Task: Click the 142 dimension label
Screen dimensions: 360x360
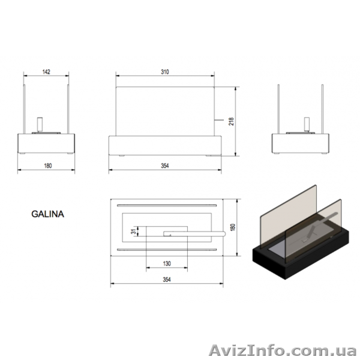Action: tap(46, 72)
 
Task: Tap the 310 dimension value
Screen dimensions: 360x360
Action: tap(165, 72)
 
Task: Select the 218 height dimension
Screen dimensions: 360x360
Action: tap(232, 121)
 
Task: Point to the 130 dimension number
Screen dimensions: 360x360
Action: tap(167, 263)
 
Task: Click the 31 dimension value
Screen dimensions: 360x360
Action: tap(134, 232)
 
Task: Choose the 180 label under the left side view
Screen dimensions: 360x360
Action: tap(48, 166)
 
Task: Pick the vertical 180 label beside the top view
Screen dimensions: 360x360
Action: tap(233, 227)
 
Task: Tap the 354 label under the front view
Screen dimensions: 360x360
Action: tap(165, 166)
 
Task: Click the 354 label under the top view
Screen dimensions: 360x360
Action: tap(167, 280)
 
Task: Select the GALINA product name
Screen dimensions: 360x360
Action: tap(47, 214)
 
